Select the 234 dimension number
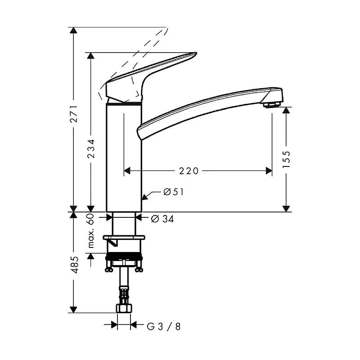(91, 148)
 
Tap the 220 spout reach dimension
(189, 171)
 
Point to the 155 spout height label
(286, 159)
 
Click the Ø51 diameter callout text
(174, 192)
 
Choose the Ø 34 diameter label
(162, 219)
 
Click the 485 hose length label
(74, 265)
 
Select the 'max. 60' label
(91, 231)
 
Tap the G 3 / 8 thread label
(164, 327)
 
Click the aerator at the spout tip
(272, 105)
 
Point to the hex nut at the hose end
(124, 308)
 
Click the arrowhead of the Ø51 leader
(144, 197)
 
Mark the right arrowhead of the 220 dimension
(269, 171)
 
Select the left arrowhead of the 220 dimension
(127, 171)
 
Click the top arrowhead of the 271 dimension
(73, 30)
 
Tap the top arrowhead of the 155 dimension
(286, 110)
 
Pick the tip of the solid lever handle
(196, 53)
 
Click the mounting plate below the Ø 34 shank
(124, 238)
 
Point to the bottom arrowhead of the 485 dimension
(73, 310)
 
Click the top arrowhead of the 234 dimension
(91, 56)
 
